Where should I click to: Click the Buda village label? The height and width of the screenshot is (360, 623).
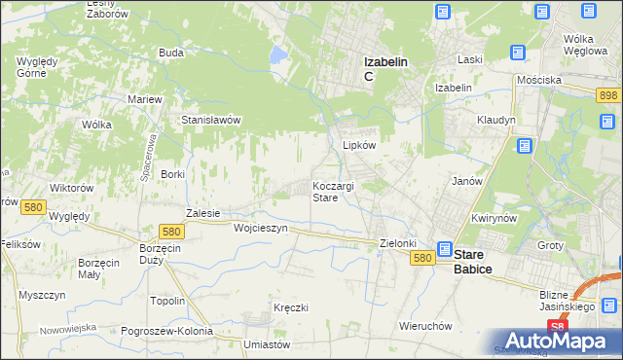171,52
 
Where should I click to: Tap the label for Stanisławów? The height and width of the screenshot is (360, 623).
211,120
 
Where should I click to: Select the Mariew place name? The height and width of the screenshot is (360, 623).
144,99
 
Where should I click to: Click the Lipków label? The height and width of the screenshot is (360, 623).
359,144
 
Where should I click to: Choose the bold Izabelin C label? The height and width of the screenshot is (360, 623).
385,68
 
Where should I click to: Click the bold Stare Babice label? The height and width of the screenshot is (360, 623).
473,261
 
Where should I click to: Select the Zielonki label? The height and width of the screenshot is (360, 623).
397,243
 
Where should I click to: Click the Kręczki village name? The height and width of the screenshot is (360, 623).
291,307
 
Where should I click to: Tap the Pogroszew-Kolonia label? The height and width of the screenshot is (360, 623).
166,331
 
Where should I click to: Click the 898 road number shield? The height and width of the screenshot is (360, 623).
609,93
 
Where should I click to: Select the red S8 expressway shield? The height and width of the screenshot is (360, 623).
556,327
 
